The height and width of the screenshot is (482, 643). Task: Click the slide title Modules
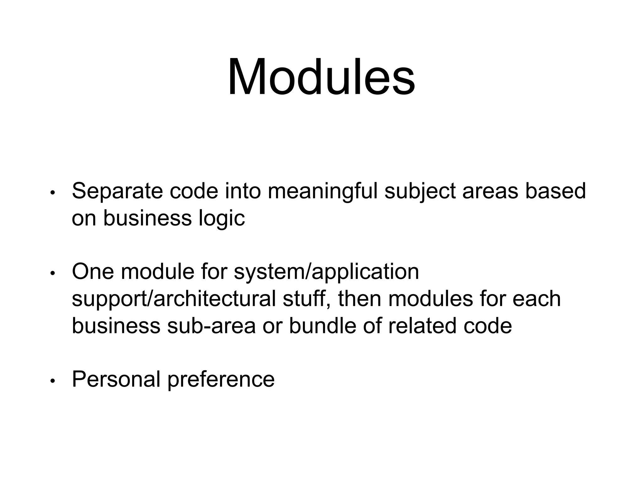[x=321, y=77]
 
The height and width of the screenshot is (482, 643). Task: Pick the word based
[x=555, y=191]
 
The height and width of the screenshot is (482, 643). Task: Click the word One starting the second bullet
[x=93, y=271]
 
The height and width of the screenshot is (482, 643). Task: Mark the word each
[x=537, y=299]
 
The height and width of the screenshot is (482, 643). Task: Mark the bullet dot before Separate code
[x=52, y=193]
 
